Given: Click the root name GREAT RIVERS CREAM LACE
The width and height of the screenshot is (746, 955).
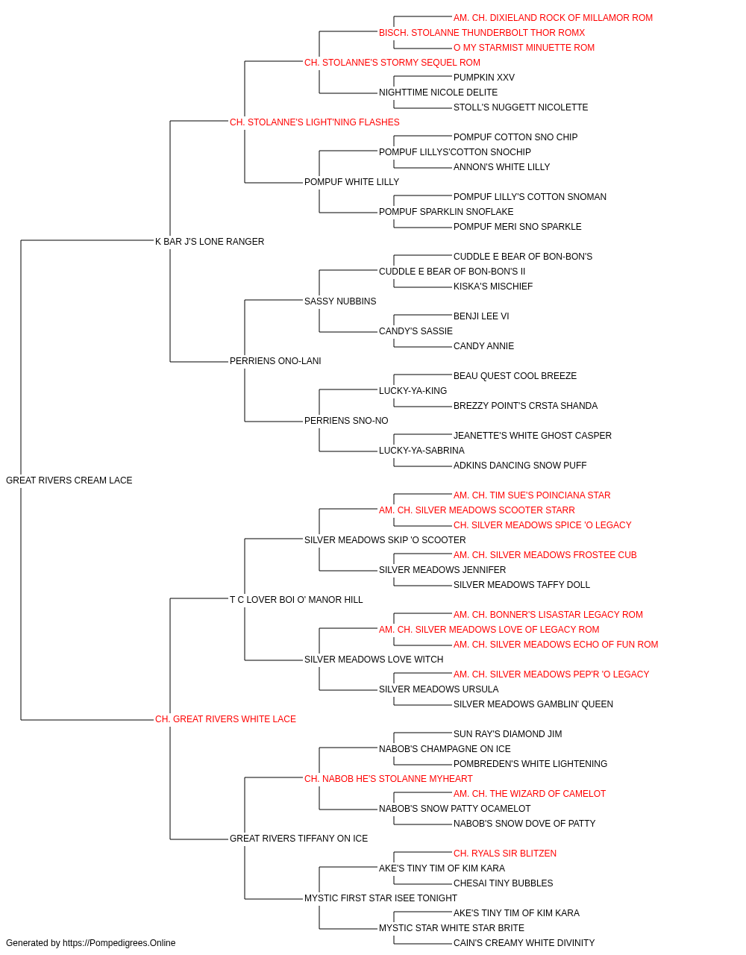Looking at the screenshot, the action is click(69, 480).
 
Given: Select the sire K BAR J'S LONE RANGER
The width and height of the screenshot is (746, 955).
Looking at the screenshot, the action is click(210, 242).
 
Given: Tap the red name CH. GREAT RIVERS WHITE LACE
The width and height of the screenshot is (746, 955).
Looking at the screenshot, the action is click(225, 719).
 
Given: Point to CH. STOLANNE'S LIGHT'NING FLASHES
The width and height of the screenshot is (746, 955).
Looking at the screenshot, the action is click(315, 122).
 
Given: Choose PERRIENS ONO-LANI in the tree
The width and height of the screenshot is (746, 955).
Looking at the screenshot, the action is click(275, 361).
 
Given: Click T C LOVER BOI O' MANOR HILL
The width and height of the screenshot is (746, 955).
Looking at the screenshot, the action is click(296, 600).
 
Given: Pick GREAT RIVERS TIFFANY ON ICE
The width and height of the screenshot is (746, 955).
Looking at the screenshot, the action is click(298, 839).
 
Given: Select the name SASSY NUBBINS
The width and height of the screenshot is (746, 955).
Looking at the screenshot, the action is click(340, 301).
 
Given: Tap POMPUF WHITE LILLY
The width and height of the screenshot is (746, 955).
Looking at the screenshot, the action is click(351, 182).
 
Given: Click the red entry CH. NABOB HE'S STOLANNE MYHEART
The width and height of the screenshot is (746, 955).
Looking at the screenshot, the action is click(389, 779).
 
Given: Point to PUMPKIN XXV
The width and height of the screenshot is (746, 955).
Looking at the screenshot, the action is click(483, 78).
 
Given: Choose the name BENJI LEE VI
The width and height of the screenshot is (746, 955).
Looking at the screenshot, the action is click(481, 316).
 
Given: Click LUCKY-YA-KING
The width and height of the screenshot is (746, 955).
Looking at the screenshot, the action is click(413, 391).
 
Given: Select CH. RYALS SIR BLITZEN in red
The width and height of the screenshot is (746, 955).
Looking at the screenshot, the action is click(505, 854).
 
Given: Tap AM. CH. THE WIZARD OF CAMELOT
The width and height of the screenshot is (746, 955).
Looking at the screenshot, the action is click(530, 794).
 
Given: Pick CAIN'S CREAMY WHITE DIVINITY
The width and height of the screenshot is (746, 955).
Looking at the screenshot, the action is click(524, 943).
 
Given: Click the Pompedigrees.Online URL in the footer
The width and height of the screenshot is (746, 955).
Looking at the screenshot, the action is click(119, 943).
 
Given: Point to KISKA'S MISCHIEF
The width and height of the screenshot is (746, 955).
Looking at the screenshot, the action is click(493, 286).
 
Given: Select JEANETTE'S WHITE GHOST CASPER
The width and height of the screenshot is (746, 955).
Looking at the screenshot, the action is click(533, 436).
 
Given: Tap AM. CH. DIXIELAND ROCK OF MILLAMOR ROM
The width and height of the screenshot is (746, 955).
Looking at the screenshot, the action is click(553, 18).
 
